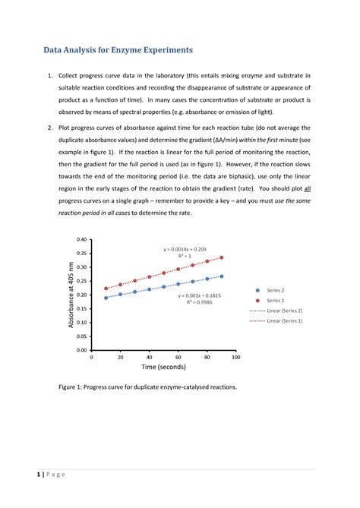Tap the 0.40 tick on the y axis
81,239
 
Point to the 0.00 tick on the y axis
81,351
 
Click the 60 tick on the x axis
178,357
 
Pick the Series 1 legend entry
273,301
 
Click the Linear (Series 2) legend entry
283,311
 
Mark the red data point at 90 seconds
221,257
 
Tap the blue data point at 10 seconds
106,298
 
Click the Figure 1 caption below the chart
147,387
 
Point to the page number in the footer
38,475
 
